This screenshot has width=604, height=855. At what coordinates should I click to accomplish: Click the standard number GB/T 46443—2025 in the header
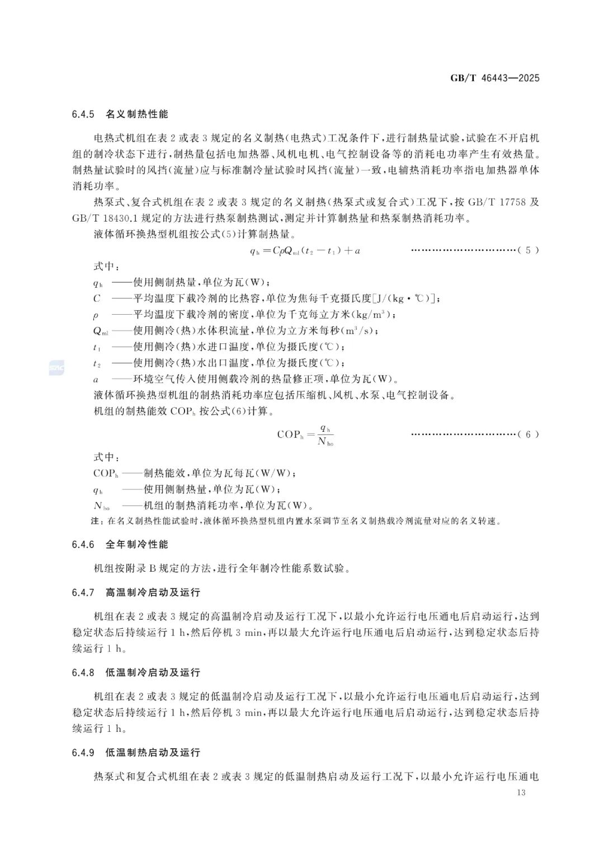[495, 78]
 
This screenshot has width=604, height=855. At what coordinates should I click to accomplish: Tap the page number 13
[521, 792]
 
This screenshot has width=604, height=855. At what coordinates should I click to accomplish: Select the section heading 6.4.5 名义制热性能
[120, 114]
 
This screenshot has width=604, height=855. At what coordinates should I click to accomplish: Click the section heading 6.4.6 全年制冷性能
[120, 544]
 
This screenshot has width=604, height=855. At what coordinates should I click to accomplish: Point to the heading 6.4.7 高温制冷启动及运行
[136, 592]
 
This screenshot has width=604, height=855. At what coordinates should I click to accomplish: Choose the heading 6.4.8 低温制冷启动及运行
[136, 672]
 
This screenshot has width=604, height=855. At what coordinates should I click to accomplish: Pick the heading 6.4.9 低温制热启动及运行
[136, 753]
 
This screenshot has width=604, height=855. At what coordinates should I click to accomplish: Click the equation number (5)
[528, 250]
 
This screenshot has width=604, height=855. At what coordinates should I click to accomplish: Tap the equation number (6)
[528, 434]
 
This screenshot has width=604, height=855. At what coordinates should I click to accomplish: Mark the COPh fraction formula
[305, 434]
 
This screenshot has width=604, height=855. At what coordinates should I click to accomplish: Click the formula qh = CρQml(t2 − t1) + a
[305, 251]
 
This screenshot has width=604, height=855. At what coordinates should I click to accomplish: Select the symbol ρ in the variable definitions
[96, 315]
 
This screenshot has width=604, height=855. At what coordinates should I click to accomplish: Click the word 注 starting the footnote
[95, 521]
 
